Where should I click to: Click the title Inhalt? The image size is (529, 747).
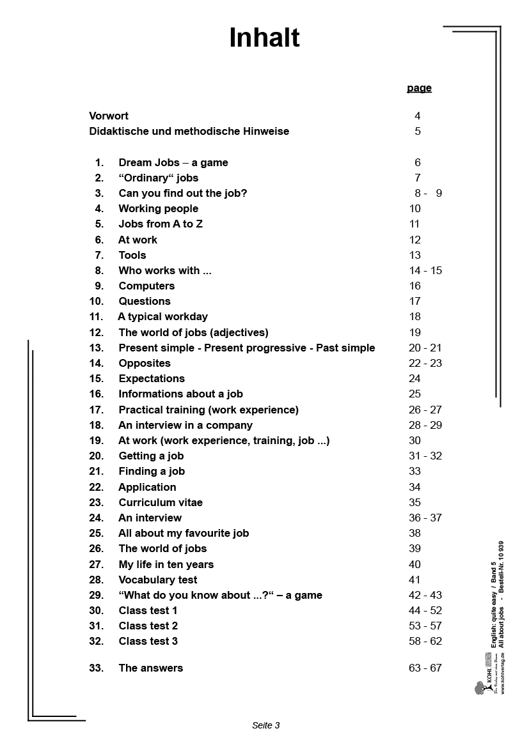[264, 38]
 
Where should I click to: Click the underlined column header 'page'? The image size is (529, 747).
[419, 88]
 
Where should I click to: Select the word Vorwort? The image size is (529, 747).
[109, 116]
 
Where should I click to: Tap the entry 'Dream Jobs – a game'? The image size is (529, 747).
[173, 163]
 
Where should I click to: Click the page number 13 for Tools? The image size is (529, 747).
[415, 256]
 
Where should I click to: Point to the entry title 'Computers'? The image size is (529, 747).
[146, 286]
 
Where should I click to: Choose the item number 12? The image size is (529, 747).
[97, 332]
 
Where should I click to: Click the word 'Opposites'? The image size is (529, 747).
[145, 364]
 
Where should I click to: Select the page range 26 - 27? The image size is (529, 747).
[425, 410]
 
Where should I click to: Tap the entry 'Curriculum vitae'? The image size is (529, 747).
[161, 503]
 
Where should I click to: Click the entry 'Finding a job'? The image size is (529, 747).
[152, 472]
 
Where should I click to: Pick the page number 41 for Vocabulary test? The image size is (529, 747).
[415, 580]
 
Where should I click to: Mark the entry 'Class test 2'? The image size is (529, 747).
[148, 626]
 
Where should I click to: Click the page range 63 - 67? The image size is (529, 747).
[425, 668]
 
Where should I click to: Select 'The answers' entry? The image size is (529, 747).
[150, 668]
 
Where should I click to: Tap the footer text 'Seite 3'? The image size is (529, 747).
[266, 725]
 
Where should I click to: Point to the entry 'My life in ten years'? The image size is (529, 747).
[166, 565]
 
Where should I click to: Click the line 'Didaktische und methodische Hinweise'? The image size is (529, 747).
[189, 132]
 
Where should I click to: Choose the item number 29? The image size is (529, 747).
[97, 596]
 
